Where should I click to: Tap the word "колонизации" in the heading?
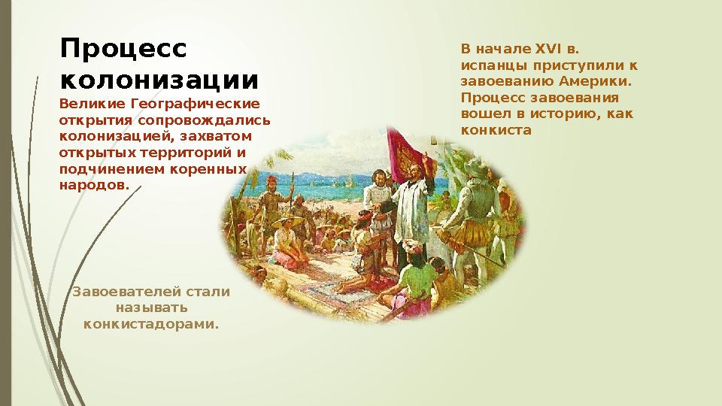click(x=159, y=79)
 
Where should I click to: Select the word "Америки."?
click(x=597, y=81)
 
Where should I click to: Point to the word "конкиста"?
click(x=495, y=129)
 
